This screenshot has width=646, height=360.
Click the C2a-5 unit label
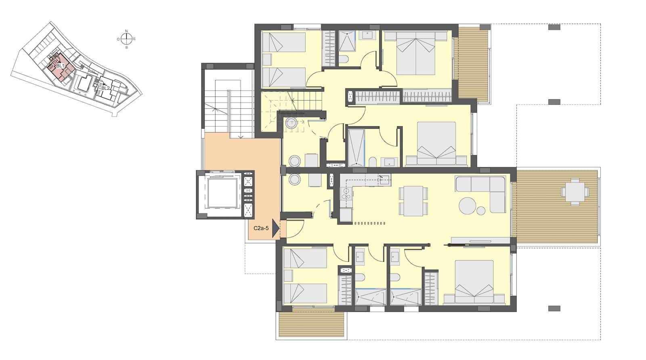(x=261, y=228)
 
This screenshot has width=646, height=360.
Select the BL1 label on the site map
(x=60, y=66)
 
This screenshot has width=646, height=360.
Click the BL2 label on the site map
(x=105, y=88)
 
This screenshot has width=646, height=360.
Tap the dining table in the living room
(x=413, y=200)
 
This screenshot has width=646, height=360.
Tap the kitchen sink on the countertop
(x=384, y=179)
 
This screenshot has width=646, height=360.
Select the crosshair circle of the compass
(x=126, y=39)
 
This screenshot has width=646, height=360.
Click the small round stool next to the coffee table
(x=481, y=211)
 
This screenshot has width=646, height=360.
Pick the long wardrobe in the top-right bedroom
(x=427, y=97)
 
